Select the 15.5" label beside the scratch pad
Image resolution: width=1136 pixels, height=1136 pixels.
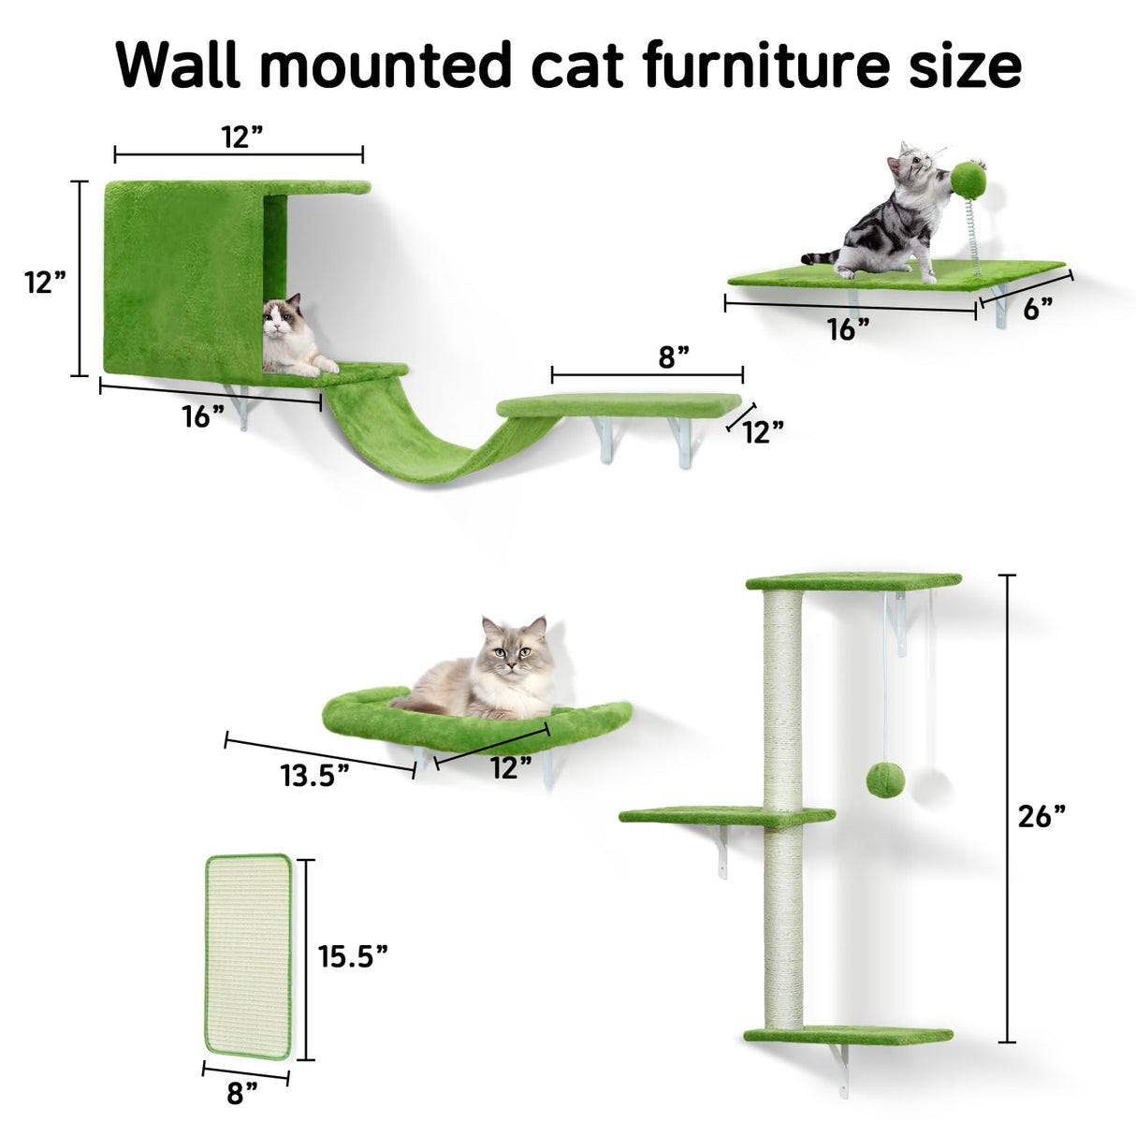coord(353,955)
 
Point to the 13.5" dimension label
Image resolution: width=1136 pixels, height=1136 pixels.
coord(314,775)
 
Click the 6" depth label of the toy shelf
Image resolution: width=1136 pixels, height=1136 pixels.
coord(1038,309)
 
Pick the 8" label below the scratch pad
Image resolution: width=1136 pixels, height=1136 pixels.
coord(241,1092)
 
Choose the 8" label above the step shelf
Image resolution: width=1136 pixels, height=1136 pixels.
coord(673,357)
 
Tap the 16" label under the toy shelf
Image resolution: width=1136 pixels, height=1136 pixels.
coord(848,328)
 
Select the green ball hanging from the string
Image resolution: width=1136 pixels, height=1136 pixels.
coord(883,779)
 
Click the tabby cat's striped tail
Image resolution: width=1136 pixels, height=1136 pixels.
coord(821,256)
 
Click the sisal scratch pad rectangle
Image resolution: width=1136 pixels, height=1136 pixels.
coord(249,955)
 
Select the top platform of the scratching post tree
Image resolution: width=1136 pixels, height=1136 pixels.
coord(852,581)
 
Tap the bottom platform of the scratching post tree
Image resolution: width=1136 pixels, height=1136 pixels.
coord(848,1036)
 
